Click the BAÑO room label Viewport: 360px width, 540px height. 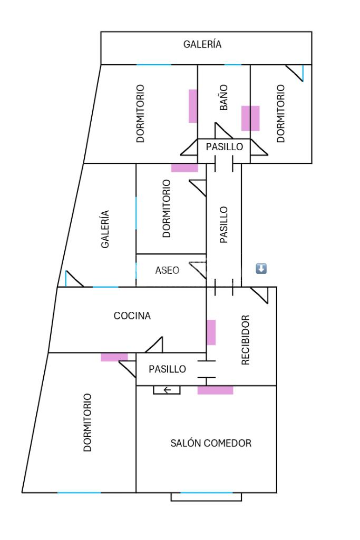tap(224, 99)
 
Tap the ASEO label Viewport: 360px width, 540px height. tap(168, 270)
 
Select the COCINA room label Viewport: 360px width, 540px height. tap(132, 316)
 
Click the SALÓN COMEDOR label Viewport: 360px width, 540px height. tap(211, 443)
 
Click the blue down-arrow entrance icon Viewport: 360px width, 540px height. tap(261, 269)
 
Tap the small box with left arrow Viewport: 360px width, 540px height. tap(167, 390)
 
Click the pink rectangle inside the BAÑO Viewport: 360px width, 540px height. tap(250, 118)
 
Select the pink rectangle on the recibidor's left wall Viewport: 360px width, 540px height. tap(211, 332)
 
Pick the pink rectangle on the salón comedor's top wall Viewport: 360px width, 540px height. tap(215, 390)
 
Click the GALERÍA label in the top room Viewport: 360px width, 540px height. tap(202, 44)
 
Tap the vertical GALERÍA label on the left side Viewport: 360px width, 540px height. tap(105, 229)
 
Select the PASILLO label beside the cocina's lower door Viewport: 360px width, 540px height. tap(167, 369)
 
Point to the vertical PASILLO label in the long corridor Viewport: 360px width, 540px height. tap(224, 224)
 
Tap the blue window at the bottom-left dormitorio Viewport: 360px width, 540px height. tap(79, 493)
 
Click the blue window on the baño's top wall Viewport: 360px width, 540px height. tap(232, 65)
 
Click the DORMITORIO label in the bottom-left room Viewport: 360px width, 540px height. tap(87, 423)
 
